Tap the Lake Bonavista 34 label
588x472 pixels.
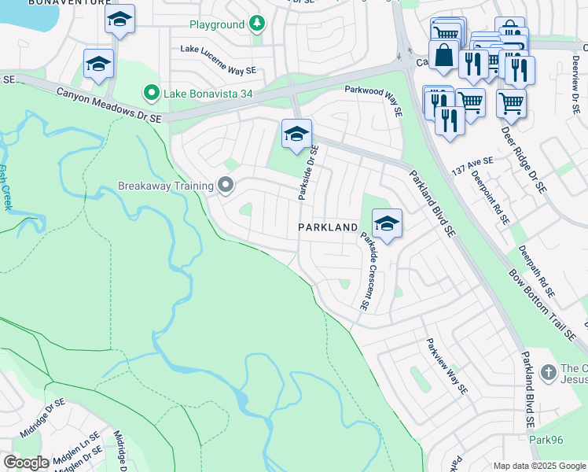208,95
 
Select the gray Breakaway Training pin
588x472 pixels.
226,186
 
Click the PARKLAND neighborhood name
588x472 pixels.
328,227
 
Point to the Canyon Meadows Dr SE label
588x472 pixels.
108,105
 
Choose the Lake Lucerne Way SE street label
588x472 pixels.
218,59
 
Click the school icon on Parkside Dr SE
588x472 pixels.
296,135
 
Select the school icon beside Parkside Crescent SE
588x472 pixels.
386,224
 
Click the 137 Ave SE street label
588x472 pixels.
472,163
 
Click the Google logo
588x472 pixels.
26,463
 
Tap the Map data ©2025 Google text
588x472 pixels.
539,466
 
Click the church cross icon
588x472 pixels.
548,371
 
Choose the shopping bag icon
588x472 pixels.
444,56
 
